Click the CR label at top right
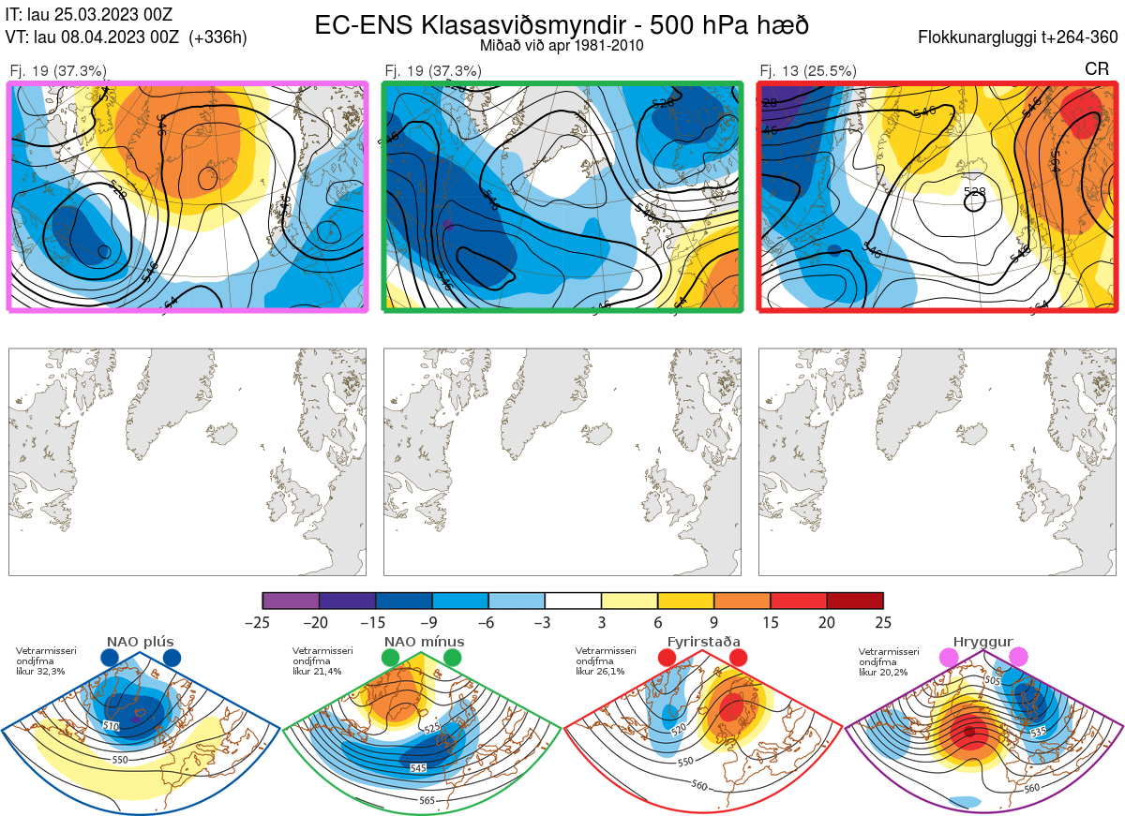(1096, 70)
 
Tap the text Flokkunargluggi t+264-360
(1020, 38)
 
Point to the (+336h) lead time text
(217, 37)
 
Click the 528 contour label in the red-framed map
(975, 191)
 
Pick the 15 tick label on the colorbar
(771, 622)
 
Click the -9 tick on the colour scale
(431, 622)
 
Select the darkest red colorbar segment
(855, 601)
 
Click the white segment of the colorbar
(573, 601)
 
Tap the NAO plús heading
(140, 642)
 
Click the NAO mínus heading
(424, 642)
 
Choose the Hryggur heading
(982, 642)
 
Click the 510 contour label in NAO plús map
(111, 726)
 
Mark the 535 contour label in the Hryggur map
(1036, 731)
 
